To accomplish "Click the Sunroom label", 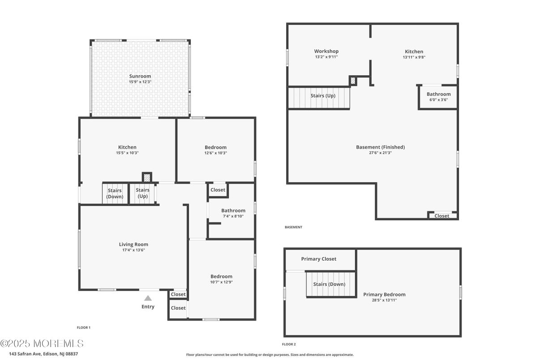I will pos(140,76).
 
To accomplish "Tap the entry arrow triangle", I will pos(148,298).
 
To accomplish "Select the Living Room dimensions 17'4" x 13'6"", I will pos(133,250).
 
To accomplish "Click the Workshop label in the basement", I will pos(326,51).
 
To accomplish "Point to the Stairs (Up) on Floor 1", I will pos(142,193).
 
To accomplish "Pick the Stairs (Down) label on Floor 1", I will pos(115,193).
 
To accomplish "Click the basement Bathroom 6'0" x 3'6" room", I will pos(438,97).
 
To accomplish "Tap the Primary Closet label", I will pos(318,259).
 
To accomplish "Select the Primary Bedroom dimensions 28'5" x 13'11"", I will pos(384,300).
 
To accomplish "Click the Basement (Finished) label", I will pos(380,147).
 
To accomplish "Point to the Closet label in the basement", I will pos(441,216).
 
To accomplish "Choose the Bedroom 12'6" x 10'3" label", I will pos(215,147).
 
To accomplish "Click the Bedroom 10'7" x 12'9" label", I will pos(221,276).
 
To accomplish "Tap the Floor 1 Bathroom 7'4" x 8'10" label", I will pos(233,210).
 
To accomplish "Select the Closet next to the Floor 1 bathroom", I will pos(218,190).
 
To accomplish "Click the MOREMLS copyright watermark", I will pos(42,343).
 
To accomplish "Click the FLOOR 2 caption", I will pos(289,344).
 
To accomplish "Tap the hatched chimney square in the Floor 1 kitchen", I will pos(146,177).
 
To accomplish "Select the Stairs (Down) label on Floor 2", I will pos(329,284).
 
